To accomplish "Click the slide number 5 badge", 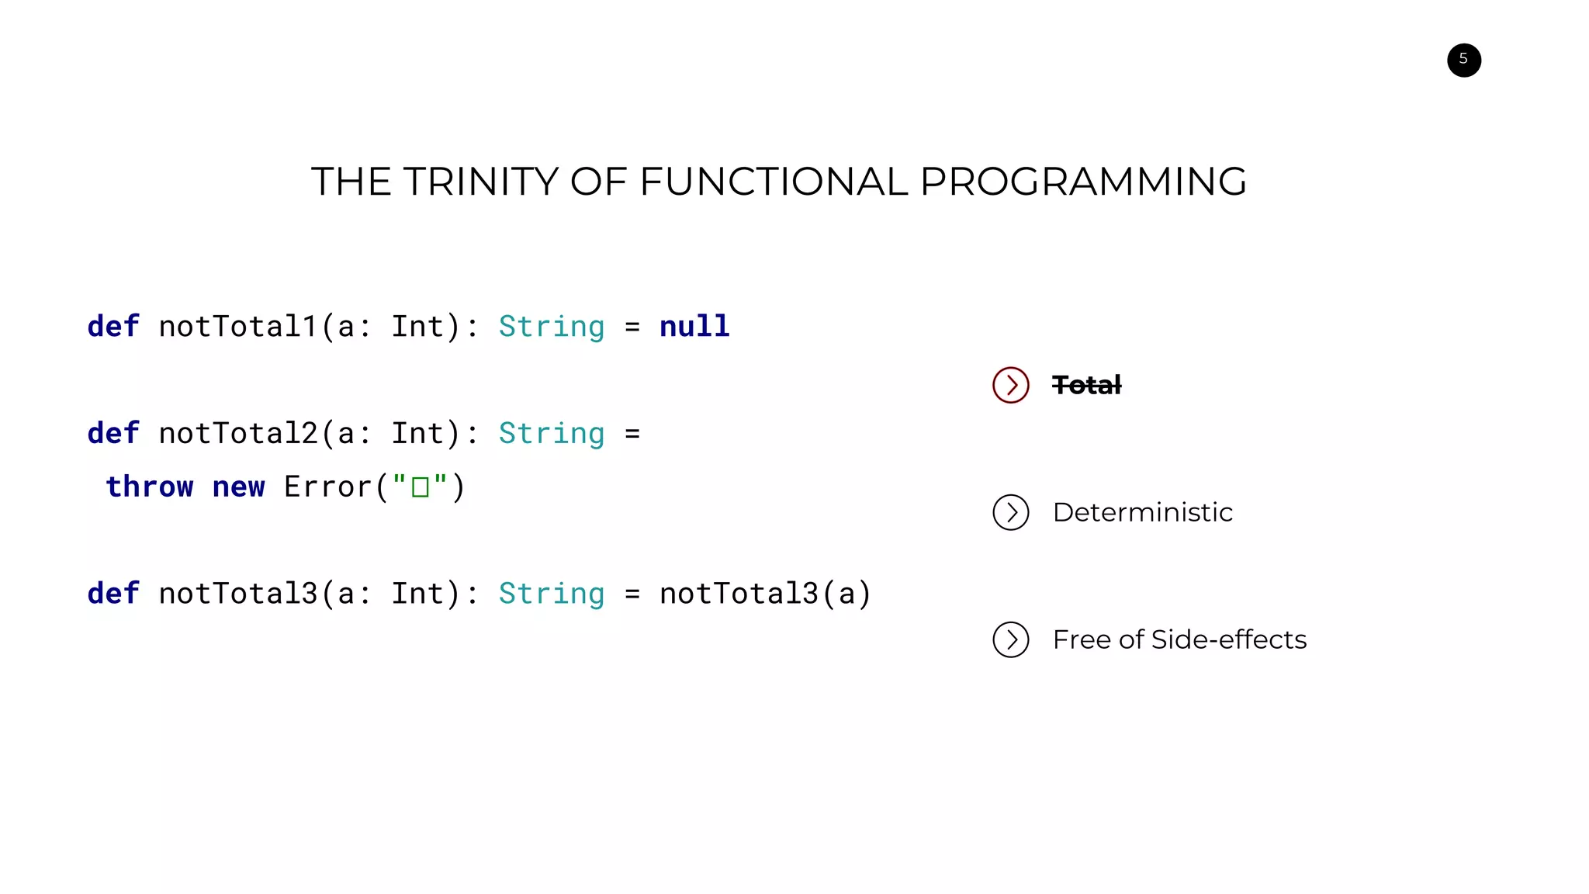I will click(x=1463, y=60).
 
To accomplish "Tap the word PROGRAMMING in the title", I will click(x=1083, y=182).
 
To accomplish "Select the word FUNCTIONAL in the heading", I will click(x=774, y=182).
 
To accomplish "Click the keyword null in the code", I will click(x=694, y=326).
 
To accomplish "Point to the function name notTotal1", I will click(x=238, y=326).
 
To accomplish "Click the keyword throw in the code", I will click(x=150, y=487).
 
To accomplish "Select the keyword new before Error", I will click(x=238, y=487).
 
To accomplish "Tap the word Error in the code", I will click(x=328, y=487).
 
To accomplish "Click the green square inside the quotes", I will click(x=421, y=487).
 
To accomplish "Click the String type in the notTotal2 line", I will click(x=551, y=433).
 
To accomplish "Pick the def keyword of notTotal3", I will click(x=113, y=594).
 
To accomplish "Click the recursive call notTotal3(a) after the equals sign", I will click(x=765, y=594).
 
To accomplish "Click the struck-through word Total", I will click(x=1086, y=385).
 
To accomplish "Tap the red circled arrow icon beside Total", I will click(x=1010, y=385).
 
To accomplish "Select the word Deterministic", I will click(x=1142, y=512).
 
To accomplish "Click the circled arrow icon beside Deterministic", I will click(x=1010, y=512).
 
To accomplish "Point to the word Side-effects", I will click(x=1229, y=639).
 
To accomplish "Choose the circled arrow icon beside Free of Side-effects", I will click(x=1010, y=639).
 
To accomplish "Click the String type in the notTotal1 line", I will click(x=551, y=326).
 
